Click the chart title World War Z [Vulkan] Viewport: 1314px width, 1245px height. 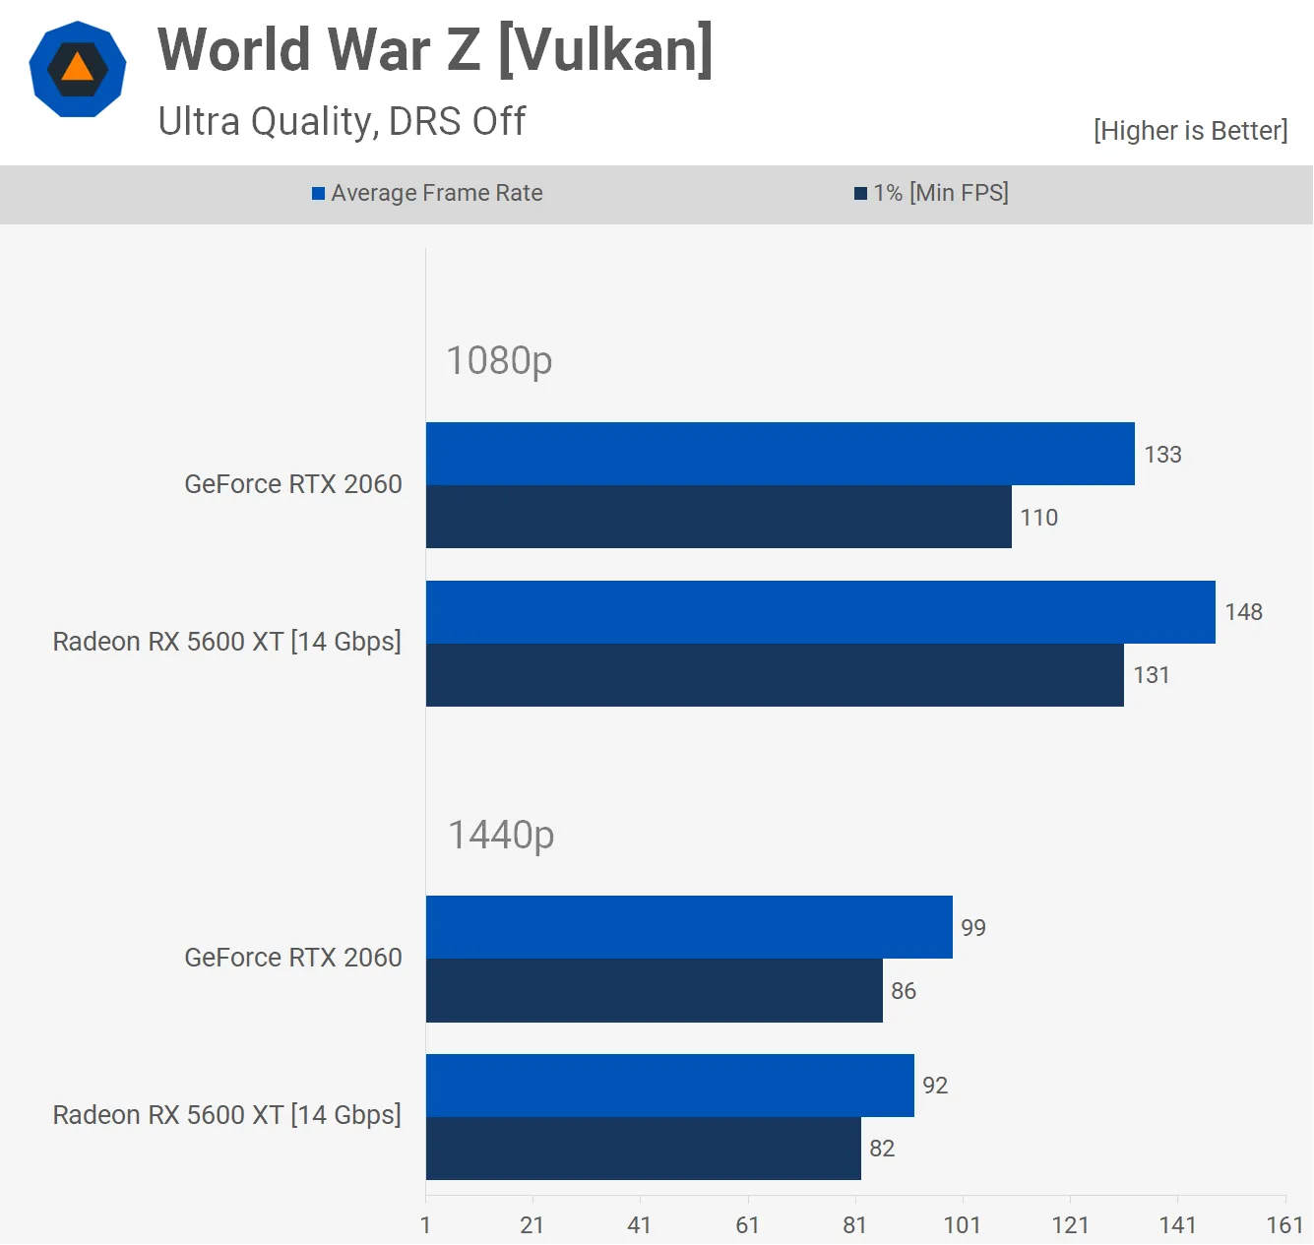point(435,50)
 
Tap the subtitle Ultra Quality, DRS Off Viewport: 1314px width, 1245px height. point(342,121)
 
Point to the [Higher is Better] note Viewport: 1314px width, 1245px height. point(1190,131)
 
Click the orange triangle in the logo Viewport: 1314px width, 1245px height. point(77,68)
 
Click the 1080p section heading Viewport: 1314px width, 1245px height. point(499,360)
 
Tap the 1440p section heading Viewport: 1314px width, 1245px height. point(501,835)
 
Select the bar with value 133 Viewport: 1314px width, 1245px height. point(780,454)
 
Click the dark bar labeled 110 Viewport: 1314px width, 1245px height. point(719,517)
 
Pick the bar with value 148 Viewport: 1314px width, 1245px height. point(820,612)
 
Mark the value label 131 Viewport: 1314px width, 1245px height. point(1152,675)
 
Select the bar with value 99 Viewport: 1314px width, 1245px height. point(689,927)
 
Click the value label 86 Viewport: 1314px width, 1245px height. point(904,991)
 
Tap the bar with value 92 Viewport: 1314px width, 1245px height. point(669,1086)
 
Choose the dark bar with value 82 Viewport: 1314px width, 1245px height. point(643,1149)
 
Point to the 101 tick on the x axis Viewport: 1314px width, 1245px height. point(963,1225)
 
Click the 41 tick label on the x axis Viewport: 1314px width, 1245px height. point(640,1225)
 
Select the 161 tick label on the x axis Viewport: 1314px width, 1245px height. point(1284,1225)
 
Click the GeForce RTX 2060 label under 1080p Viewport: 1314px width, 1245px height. point(293,484)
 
